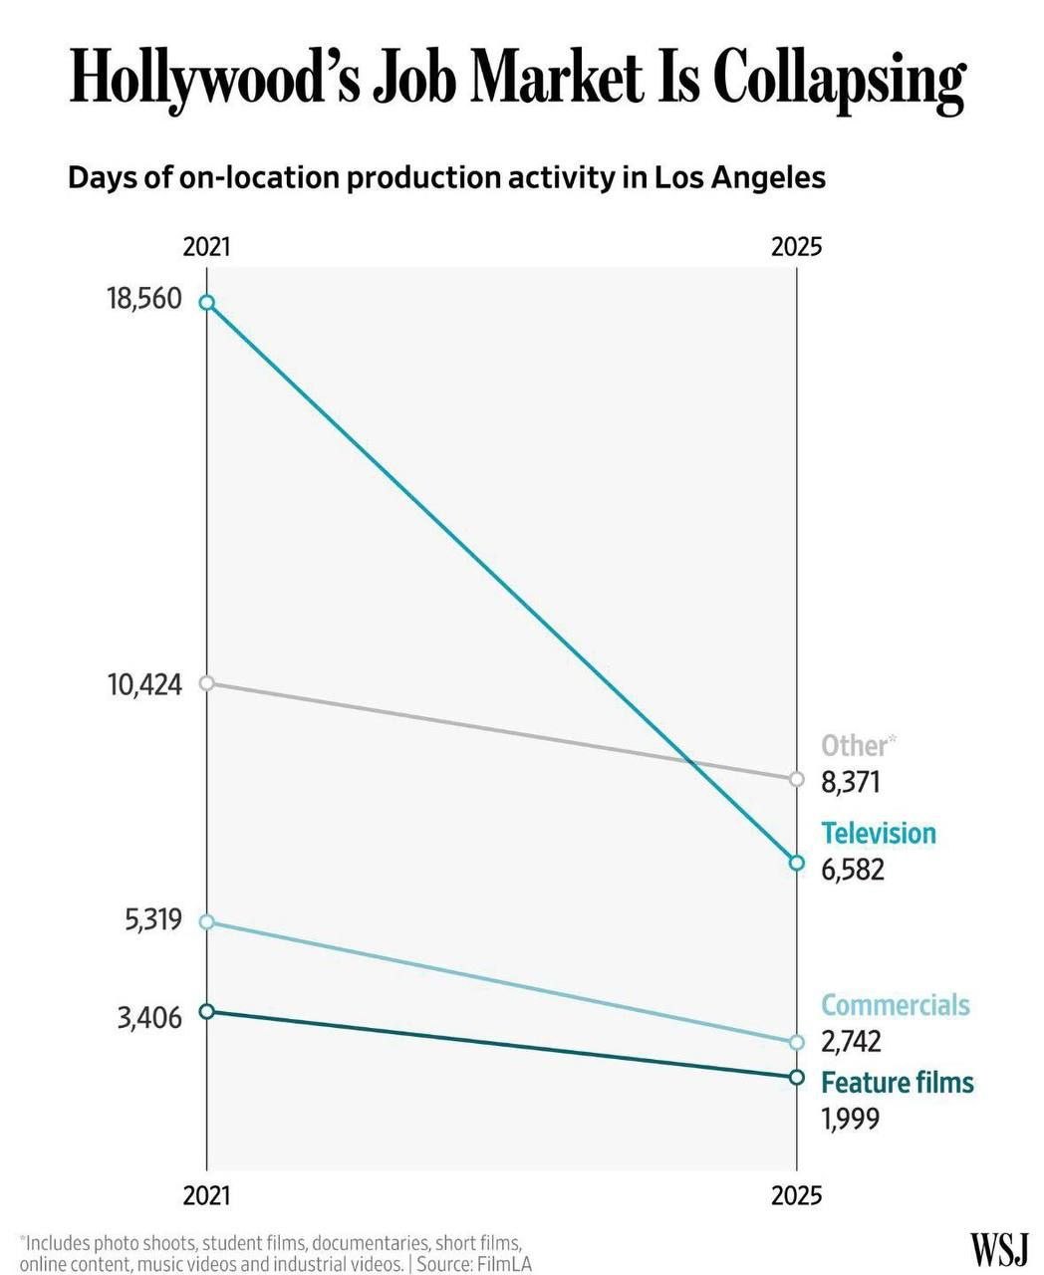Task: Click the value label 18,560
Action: [144, 299]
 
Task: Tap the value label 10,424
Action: [144, 685]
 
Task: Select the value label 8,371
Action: [850, 783]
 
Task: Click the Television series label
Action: [879, 833]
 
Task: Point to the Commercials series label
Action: [896, 1005]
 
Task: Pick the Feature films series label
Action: [898, 1083]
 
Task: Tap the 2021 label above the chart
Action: [207, 247]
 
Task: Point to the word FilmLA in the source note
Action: [504, 1260]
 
